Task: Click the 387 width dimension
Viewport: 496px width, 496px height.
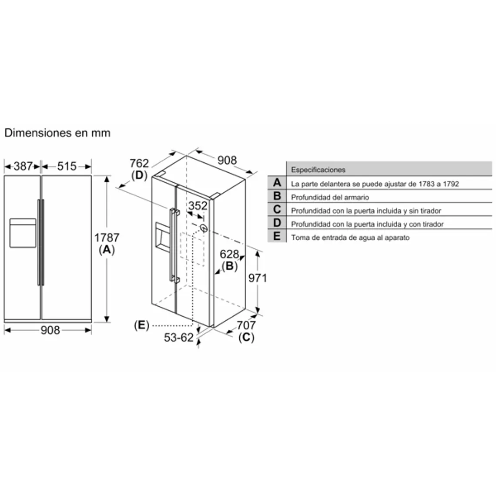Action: (x=23, y=166)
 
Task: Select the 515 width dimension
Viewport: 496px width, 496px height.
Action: (x=67, y=166)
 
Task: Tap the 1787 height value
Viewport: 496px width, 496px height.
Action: (x=107, y=238)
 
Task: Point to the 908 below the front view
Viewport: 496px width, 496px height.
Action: (x=50, y=330)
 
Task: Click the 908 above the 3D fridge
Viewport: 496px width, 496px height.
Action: (x=227, y=160)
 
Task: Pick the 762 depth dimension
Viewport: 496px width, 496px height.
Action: (x=139, y=163)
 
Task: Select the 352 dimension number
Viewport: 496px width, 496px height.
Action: (x=198, y=205)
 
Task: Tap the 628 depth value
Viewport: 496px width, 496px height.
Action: (x=229, y=255)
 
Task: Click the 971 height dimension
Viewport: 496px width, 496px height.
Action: (x=257, y=278)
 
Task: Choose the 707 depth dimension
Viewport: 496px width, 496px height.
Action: (x=246, y=325)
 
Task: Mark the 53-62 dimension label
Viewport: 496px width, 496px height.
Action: (x=178, y=337)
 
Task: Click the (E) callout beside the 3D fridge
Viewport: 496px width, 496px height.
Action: (x=141, y=325)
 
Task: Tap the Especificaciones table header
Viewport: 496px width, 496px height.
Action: (x=318, y=170)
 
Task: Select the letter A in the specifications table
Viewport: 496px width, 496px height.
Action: (x=277, y=183)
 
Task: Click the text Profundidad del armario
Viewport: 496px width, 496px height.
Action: (x=330, y=198)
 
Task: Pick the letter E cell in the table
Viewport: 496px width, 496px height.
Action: (x=277, y=237)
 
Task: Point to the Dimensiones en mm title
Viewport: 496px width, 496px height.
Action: (x=57, y=133)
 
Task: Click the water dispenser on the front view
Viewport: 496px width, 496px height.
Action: (x=23, y=233)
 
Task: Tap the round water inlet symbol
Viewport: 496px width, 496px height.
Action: (x=203, y=228)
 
